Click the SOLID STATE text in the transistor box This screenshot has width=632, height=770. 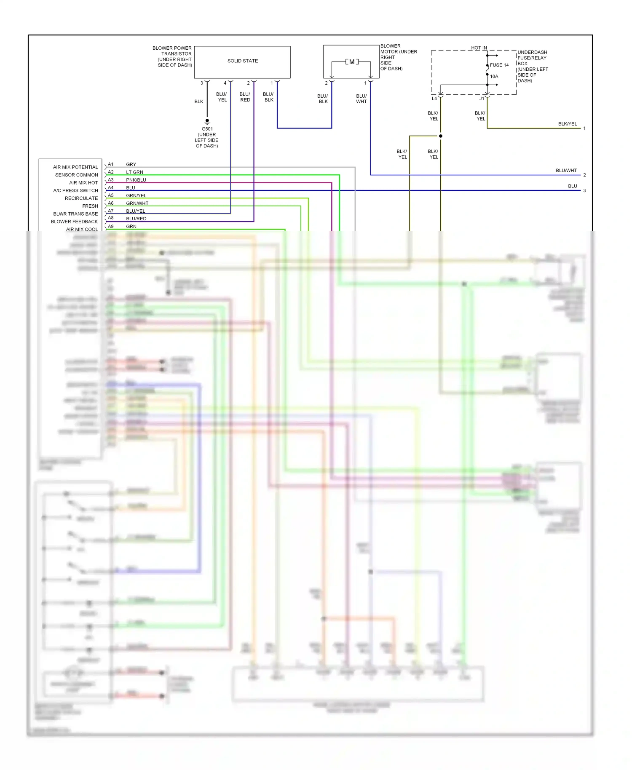(x=243, y=61)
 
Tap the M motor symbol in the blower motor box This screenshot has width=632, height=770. (x=352, y=62)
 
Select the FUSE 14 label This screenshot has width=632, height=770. (x=499, y=65)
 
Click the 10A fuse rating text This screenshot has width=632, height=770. (x=494, y=77)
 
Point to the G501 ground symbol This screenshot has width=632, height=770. (x=207, y=122)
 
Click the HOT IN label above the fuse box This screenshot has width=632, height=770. (x=479, y=48)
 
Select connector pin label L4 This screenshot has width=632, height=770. (x=434, y=99)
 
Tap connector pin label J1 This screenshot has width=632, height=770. (x=482, y=99)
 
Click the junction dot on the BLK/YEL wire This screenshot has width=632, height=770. (x=440, y=136)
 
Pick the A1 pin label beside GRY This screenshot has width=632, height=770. (x=110, y=164)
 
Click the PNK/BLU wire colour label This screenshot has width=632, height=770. (x=136, y=180)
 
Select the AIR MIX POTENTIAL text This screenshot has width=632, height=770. (x=75, y=167)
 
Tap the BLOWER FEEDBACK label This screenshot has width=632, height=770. (x=74, y=222)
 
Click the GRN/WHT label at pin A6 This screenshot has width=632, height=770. (x=137, y=203)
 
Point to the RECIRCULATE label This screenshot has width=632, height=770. (x=81, y=198)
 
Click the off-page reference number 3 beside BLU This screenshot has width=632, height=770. (x=584, y=191)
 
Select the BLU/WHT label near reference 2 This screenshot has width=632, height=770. (x=566, y=171)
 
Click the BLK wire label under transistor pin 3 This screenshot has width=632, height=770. (x=199, y=102)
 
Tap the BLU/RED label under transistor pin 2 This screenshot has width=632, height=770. (x=245, y=97)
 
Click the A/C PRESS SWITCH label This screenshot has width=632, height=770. (x=75, y=190)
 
